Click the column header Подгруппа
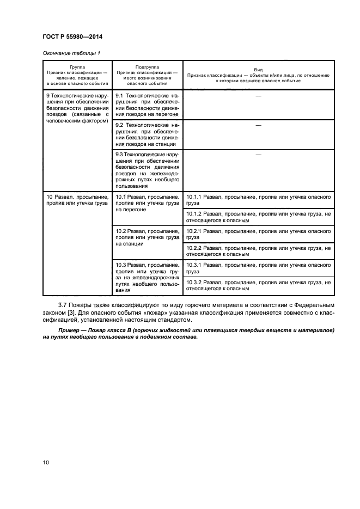coord(147,65)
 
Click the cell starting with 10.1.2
coord(258,217)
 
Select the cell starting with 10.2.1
coord(258,234)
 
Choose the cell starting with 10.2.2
coord(258,252)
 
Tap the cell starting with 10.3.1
coord(258,268)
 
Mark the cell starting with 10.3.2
coord(258,286)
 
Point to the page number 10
coord(46,463)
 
